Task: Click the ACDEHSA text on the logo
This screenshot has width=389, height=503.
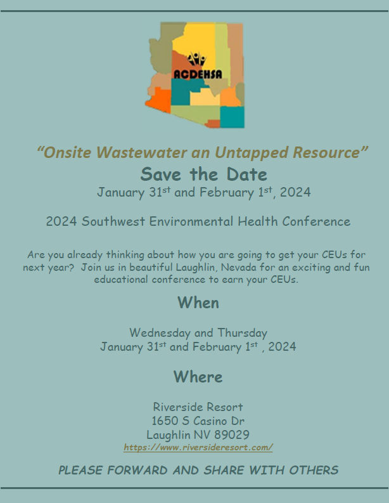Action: coord(198,74)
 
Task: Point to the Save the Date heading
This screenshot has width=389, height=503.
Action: coord(203,174)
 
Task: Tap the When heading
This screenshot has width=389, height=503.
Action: coord(198,303)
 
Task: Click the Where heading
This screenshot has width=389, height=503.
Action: coord(198,377)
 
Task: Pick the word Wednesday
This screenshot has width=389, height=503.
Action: coord(160,333)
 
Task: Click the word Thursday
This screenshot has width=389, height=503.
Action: coord(242,333)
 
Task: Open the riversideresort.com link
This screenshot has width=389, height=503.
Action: coord(198,447)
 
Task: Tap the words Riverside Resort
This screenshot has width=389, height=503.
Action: coord(198,407)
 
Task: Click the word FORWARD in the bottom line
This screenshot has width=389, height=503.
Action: coord(137,470)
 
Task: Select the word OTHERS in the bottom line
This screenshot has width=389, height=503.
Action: coord(314,470)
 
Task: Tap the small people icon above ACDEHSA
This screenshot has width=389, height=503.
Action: coord(196,59)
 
